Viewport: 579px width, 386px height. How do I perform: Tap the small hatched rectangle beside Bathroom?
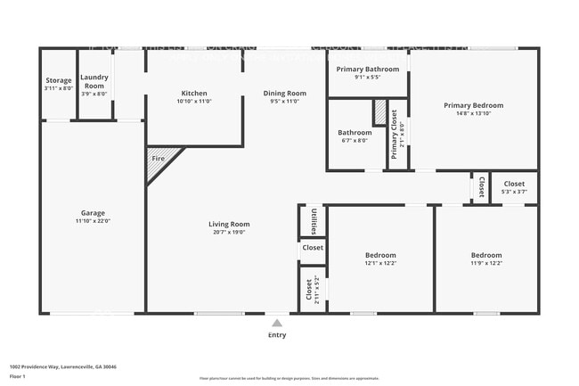click(379, 112)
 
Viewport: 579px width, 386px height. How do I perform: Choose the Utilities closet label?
click(313, 220)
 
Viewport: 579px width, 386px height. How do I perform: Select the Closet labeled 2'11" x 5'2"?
click(312, 290)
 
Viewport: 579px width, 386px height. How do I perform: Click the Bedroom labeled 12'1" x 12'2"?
click(379, 259)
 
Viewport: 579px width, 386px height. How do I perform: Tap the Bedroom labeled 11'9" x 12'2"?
click(485, 259)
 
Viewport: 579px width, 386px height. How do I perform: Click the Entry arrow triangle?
click(277, 323)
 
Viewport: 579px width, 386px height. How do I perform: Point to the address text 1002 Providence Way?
click(62, 366)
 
